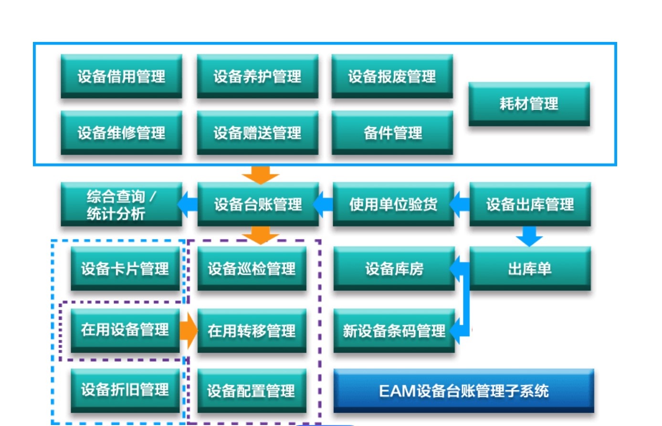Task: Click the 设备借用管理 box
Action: pos(121,76)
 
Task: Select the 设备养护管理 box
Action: pos(258,76)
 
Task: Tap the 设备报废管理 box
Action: pos(392,76)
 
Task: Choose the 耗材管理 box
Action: pos(529,104)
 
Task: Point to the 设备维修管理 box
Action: pos(121,133)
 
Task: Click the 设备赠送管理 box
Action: pos(258,133)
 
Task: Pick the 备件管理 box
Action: pos(392,133)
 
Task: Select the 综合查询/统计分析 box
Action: pos(121,204)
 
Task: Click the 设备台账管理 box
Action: pos(258,204)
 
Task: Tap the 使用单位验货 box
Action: pos(393,204)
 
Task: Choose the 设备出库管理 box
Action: pos(530,204)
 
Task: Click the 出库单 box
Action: pos(530,269)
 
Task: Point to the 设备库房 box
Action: pos(394,269)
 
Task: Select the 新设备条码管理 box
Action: pos(394,331)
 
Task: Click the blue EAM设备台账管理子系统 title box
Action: pos(464,391)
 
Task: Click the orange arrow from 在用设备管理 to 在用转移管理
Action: pos(189,331)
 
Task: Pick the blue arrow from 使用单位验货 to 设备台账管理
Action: pos(323,204)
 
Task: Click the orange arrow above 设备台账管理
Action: pos(261,175)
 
